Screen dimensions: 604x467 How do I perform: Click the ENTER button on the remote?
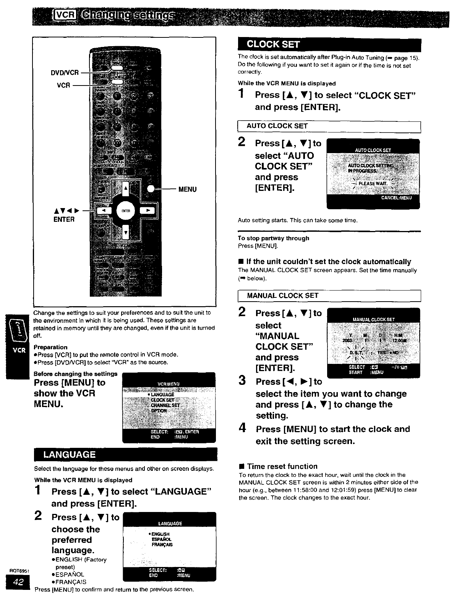pos(125,211)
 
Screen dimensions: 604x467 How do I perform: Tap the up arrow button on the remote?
pos(125,188)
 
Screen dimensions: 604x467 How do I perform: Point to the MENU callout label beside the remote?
pos(187,189)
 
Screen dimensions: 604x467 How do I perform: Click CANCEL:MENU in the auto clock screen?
pos(396,198)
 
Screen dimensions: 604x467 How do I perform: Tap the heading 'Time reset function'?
pos(282,466)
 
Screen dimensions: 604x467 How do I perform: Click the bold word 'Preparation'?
pos(50,347)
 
